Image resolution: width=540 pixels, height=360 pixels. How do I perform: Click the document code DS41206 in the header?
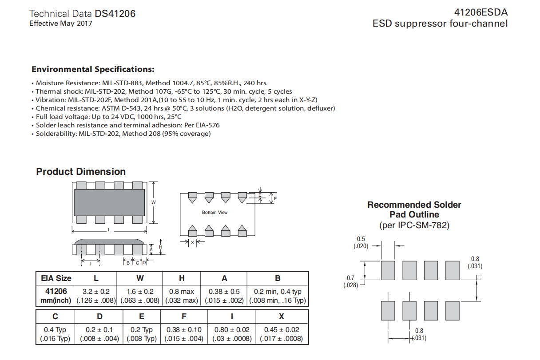(x=115, y=14)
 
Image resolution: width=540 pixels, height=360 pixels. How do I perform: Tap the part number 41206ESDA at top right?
(x=480, y=12)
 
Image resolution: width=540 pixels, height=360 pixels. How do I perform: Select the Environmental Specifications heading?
(x=93, y=69)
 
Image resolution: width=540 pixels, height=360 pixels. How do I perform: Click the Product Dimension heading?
(x=81, y=172)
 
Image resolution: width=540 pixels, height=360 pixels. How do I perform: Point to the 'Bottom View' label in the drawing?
(x=214, y=213)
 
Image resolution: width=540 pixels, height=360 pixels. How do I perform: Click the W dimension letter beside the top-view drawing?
(x=153, y=202)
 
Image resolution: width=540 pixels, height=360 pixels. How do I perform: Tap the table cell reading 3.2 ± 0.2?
(x=96, y=292)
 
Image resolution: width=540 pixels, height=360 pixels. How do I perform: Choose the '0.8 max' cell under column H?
(x=182, y=292)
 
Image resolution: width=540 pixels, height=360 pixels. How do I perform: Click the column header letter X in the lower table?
(x=282, y=316)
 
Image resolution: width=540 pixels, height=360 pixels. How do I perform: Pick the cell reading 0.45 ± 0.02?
(x=282, y=330)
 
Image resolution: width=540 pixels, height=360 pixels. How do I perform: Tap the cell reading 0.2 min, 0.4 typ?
(x=278, y=292)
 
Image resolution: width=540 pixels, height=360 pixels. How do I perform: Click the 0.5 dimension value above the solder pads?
(x=361, y=239)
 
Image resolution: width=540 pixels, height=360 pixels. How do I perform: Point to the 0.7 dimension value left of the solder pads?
(x=350, y=278)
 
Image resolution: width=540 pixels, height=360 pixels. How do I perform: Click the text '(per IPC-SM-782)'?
(x=414, y=225)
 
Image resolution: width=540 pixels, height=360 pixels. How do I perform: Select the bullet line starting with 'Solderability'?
(x=123, y=134)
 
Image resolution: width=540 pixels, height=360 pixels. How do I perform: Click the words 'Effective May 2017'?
(x=61, y=24)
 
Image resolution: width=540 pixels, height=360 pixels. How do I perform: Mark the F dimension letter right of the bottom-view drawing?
(x=275, y=198)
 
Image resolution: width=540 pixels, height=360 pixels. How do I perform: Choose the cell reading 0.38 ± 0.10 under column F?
(x=184, y=330)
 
